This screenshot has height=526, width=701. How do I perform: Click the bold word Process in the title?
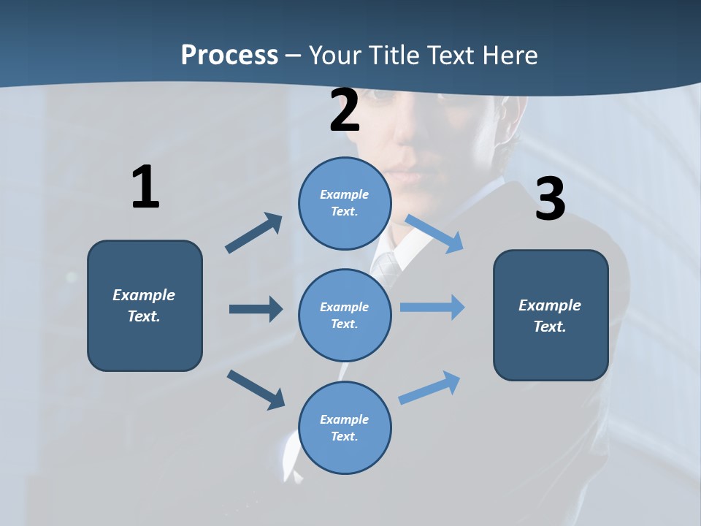tap(229, 55)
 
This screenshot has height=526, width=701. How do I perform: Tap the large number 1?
tap(145, 188)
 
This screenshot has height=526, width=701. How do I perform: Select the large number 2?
tap(345, 110)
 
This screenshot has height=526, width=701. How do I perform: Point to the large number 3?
tap(550, 199)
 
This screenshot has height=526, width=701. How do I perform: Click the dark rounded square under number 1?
tap(145, 305)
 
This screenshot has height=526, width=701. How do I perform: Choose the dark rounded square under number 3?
tap(551, 315)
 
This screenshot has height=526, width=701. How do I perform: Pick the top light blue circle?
tap(345, 203)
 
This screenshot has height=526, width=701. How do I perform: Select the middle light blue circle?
tap(345, 315)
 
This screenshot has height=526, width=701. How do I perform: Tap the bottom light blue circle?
tap(345, 427)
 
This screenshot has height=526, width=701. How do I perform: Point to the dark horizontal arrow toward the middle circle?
tap(256, 309)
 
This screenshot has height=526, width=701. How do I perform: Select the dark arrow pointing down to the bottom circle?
tap(256, 389)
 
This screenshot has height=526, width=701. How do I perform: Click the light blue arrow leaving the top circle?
tap(435, 234)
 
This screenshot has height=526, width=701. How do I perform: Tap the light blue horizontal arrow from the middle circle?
tap(432, 308)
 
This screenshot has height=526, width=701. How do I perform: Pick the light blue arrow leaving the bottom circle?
tap(429, 388)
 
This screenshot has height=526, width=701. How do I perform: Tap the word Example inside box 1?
tap(144, 295)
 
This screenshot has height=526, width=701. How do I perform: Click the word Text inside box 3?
tap(550, 327)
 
